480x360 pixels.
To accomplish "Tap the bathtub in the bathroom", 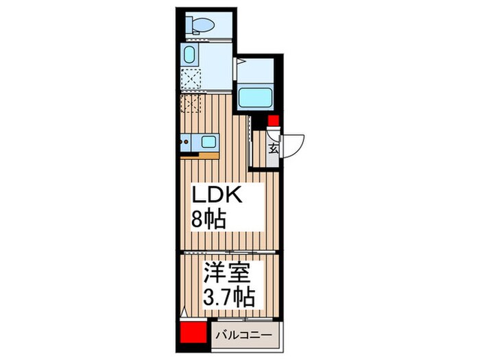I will pos(256,97).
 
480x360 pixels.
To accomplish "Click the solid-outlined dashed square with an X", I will pos(191,79).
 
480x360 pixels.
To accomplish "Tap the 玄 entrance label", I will pos(273,148).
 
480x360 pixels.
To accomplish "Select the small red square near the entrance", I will pos(273,123).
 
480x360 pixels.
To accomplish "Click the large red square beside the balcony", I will pos(192,335).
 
